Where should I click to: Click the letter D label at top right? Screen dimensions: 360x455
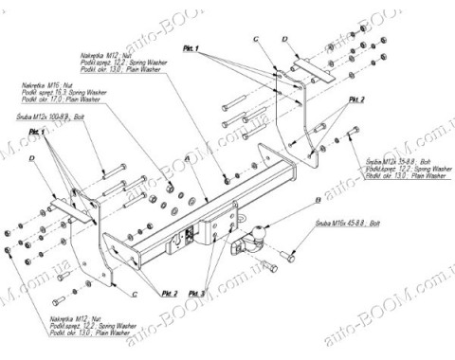tap(284, 38)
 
